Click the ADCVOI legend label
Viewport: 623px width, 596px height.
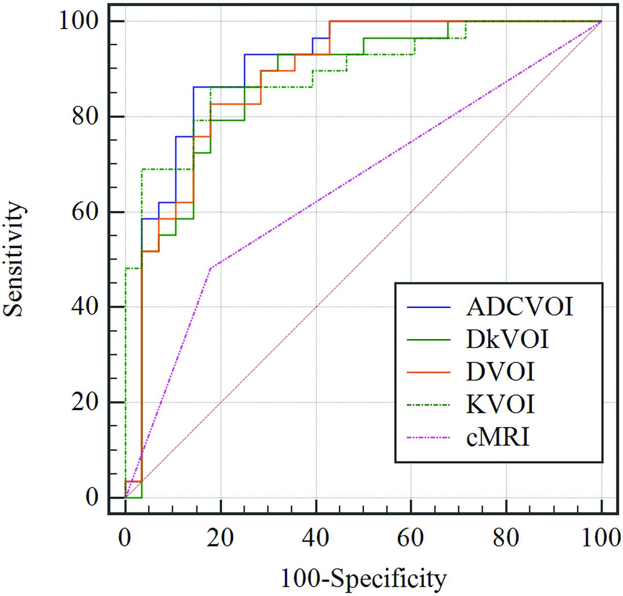point(519,307)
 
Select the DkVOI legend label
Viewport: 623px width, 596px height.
point(507,339)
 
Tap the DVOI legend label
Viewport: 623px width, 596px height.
point(500,372)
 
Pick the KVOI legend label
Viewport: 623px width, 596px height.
point(500,405)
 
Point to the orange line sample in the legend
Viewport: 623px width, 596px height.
point(428,372)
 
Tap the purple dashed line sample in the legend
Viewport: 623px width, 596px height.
point(428,437)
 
